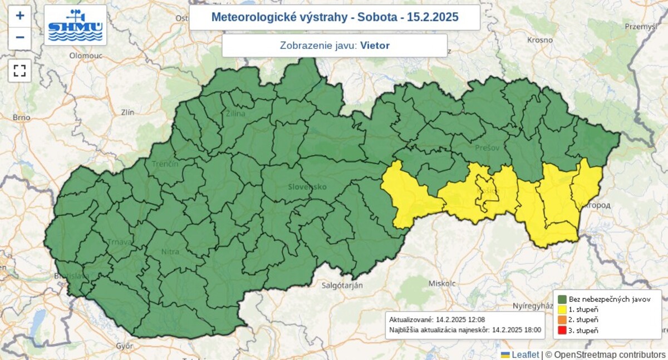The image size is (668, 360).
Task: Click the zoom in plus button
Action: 20,16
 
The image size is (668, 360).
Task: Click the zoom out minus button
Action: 20,38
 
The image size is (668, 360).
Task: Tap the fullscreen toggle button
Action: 20,70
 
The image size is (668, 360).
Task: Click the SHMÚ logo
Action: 75,26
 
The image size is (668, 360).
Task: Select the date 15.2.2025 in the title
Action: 433,17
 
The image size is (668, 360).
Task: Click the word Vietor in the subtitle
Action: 375,46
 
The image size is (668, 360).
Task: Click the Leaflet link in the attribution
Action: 525,354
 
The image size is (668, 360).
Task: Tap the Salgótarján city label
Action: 342,285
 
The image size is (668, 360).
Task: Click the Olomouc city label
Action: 83,56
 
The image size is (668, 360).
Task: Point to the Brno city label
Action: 22,117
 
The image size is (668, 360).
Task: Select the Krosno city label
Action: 540,40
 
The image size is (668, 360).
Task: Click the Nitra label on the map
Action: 170,252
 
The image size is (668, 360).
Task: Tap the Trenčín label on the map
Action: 165,164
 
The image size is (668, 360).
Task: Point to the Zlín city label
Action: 127,112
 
